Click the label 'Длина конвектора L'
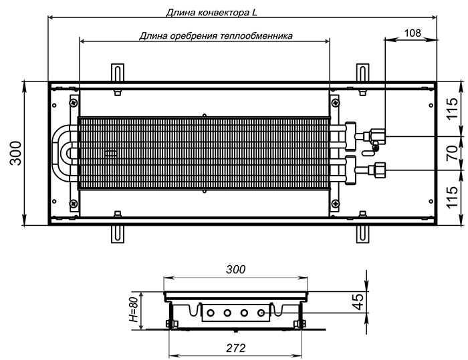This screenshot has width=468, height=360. pyautogui.click(x=211, y=13)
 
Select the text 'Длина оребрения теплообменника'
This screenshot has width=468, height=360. pyautogui.click(x=216, y=36)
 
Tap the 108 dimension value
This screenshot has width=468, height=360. pyautogui.click(x=413, y=33)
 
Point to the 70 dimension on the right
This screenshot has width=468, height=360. pyautogui.click(x=453, y=153)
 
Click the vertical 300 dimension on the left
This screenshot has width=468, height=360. pyautogui.click(x=15, y=153)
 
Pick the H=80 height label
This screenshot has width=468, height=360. pyautogui.click(x=134, y=310)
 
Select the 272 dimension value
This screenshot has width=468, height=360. pyautogui.click(x=236, y=348)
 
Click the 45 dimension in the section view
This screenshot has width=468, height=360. pyautogui.click(x=358, y=301)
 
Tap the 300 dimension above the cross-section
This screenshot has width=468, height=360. pyautogui.click(x=236, y=269)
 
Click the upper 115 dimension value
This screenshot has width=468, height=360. pyautogui.click(x=453, y=108)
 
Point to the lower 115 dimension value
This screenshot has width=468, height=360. pyautogui.click(x=453, y=197)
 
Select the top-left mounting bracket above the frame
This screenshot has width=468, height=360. pyautogui.click(x=118, y=72)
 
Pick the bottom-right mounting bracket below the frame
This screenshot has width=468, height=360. pyautogui.click(x=362, y=234)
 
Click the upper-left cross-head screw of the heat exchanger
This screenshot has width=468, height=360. pyautogui.click(x=74, y=103)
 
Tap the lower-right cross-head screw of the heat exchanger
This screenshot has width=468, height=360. pyautogui.click(x=335, y=204)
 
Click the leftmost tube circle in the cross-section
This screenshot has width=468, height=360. pyautogui.click(x=211, y=313)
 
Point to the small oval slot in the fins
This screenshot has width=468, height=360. pyautogui.click(x=112, y=154)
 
